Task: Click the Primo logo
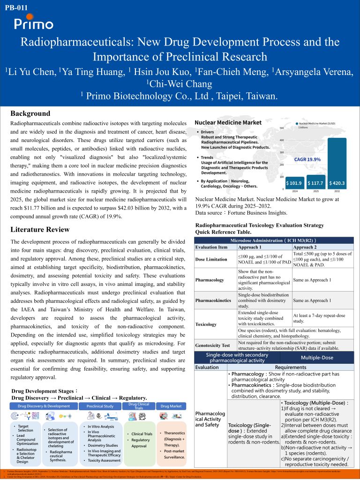[33, 23]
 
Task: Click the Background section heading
[30, 113]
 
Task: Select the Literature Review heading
[40, 230]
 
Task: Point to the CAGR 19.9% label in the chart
[307, 159]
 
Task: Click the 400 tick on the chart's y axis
[282, 140]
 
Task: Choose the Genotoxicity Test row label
[213, 345]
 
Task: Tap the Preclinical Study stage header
[99, 406]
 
